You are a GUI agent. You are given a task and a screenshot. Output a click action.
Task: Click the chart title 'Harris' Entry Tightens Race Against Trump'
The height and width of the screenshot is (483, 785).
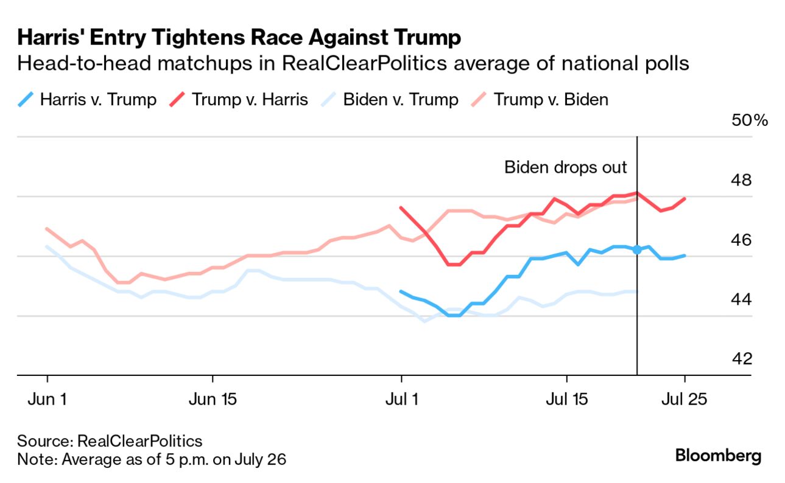[x=239, y=38]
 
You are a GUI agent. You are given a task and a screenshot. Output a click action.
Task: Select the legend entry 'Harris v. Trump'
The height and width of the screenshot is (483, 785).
[x=98, y=99]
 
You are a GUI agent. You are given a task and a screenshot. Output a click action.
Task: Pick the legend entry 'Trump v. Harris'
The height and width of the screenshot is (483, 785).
[x=250, y=99]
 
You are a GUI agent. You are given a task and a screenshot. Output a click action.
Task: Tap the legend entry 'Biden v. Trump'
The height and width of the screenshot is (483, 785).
[x=400, y=99]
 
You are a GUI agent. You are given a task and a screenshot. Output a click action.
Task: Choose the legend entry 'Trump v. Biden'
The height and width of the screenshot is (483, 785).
[x=550, y=99]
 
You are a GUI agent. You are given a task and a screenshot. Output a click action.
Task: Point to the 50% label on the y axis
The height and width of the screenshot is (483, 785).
[x=750, y=120]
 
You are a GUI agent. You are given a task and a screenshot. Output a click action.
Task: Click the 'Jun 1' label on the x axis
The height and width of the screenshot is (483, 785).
[x=48, y=400]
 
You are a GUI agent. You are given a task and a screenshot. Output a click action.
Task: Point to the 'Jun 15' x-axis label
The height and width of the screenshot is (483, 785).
[x=212, y=400]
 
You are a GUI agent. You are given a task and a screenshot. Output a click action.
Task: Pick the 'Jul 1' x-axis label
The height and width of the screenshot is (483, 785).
[x=401, y=400]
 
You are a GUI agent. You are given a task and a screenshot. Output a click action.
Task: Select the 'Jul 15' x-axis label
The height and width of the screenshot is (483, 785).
[x=566, y=400]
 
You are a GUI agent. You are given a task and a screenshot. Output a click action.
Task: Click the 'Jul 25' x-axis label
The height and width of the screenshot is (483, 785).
[x=685, y=400]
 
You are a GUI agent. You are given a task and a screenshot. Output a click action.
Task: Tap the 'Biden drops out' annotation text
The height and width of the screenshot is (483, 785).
[x=565, y=167]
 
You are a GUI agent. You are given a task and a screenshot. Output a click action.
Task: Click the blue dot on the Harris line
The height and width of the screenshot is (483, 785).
[x=637, y=249]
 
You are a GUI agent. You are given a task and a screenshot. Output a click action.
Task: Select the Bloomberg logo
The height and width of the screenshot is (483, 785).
[x=718, y=456]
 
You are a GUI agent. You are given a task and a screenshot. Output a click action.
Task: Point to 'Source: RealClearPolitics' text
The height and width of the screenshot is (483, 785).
[x=110, y=441]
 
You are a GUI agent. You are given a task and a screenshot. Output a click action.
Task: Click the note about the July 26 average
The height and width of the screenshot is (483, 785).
[x=152, y=459]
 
